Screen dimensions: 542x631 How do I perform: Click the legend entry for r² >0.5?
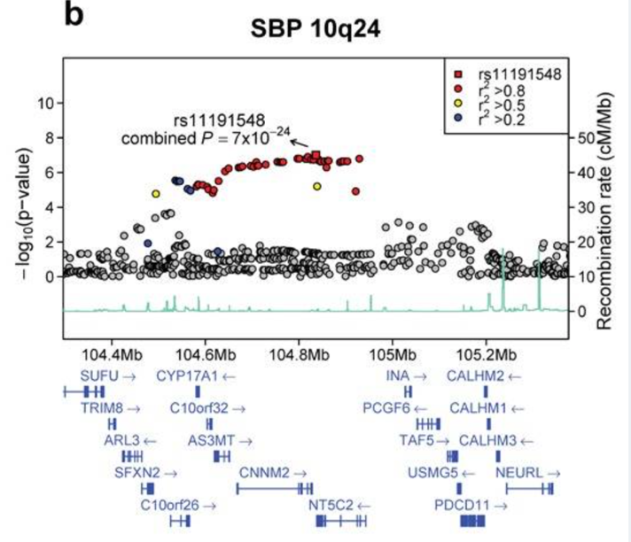tap(506, 104)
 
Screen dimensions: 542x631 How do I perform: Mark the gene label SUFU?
tap(98, 376)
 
